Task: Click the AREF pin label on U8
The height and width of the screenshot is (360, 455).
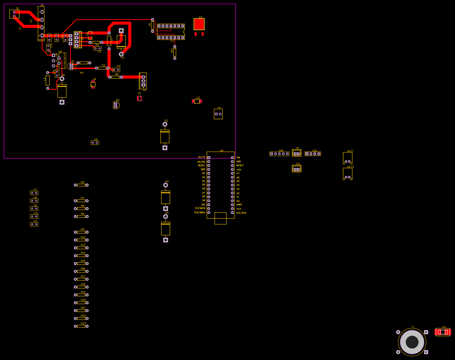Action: point(239,205)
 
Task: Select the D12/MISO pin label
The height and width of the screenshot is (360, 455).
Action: point(200,212)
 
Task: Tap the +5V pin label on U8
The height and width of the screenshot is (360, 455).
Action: point(239,170)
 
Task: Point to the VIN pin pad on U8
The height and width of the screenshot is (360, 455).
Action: point(232,158)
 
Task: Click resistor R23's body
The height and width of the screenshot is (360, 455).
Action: point(81,326)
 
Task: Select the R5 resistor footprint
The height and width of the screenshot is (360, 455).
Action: point(81,185)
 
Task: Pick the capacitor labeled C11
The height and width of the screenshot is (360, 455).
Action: point(34,224)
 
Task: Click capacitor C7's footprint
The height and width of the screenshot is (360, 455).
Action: point(34,193)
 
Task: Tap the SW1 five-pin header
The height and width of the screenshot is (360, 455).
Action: point(279,154)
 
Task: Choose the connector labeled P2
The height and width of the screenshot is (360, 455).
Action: point(297,169)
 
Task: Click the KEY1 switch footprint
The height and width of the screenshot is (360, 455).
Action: point(347,158)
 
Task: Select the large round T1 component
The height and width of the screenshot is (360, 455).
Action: point(412,342)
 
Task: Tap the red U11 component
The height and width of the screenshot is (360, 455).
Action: point(443,332)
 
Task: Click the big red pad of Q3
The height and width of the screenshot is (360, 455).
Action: point(199,24)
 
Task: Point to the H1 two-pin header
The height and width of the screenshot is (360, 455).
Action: point(218,114)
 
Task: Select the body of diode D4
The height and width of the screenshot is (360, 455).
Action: point(166,197)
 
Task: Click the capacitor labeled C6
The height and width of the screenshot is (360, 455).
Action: point(95,143)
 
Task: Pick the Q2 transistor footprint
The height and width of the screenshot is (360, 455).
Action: point(116,105)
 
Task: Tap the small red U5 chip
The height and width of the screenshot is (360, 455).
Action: point(139,98)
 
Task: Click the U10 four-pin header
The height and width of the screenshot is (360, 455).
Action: point(313,154)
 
